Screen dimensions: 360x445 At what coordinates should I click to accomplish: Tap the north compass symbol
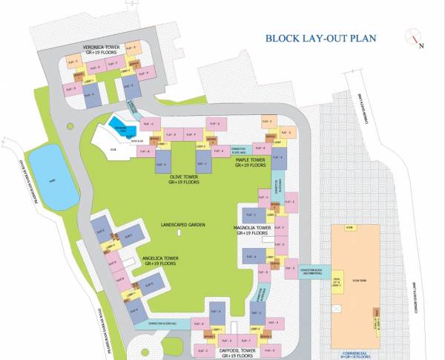(415, 38)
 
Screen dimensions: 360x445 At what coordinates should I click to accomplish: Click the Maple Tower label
(251, 162)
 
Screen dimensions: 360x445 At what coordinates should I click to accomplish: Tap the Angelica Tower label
(161, 261)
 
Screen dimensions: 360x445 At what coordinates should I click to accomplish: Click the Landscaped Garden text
(182, 224)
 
